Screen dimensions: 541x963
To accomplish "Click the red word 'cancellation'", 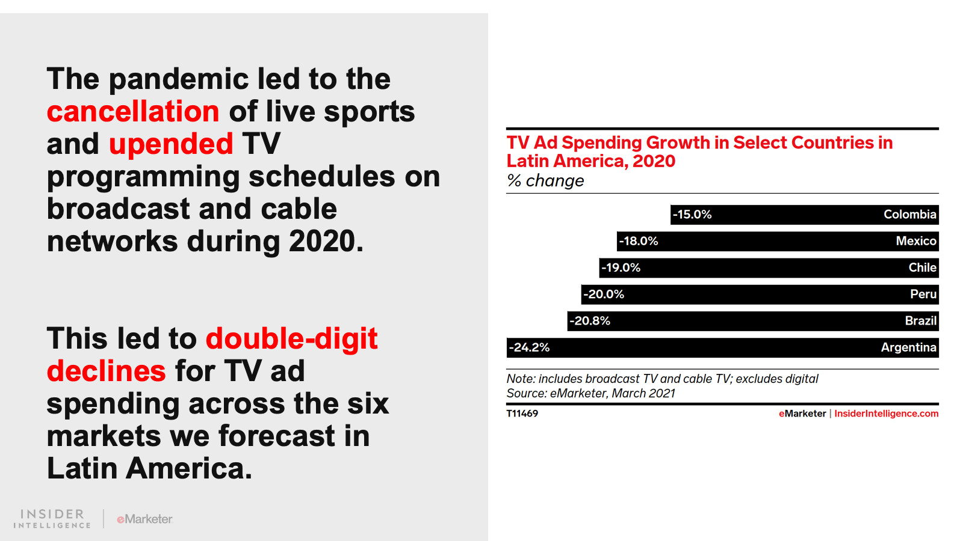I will point(133,112).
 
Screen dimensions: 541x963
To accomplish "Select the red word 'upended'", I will point(171,144).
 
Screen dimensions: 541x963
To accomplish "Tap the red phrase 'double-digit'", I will point(292,339).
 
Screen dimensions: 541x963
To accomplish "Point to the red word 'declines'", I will point(106,371).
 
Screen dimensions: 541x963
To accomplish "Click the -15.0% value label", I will point(692,215).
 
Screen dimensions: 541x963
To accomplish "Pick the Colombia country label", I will point(909,215).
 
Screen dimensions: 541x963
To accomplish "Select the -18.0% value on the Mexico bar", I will point(639,241).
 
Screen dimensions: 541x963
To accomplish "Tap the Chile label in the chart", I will point(922,267).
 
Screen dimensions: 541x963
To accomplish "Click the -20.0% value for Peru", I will point(604,295).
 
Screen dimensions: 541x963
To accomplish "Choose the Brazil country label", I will point(920,321).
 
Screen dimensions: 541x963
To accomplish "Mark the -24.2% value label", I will point(530,347).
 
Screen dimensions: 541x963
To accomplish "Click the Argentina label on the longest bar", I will point(908,347).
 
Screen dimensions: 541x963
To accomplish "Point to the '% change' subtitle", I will point(545,181).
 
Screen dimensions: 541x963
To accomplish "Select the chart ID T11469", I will point(522,414).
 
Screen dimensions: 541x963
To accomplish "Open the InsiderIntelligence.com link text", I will point(886,414).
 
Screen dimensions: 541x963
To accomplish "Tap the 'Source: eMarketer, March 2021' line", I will point(590,394).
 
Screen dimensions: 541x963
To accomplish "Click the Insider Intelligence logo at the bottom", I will point(52,519).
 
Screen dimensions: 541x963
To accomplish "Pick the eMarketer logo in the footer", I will point(144,519).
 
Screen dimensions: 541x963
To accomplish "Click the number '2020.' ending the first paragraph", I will point(326,242).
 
